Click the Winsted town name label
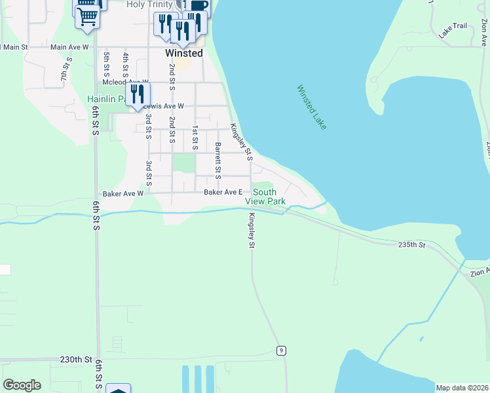pos(183,53)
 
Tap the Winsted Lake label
pos(311,107)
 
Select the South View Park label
pos(269,196)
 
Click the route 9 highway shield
pos(280,350)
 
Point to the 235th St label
pos(411,245)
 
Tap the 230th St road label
pos(75,360)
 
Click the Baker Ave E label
pos(223,193)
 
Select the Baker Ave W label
pos(122,194)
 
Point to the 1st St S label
pos(195,138)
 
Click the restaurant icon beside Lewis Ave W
pos(138,94)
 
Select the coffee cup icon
pos(199,7)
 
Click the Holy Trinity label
pos(150,5)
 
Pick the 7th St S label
pos(66,69)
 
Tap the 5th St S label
pos(105,65)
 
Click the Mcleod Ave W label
pos(121,83)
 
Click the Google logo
pos(22,385)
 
